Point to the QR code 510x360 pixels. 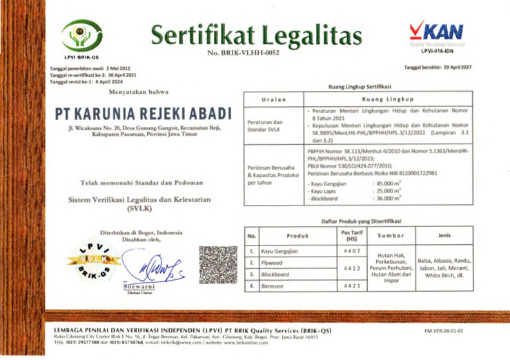[x=217, y=263]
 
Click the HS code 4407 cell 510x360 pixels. [x=349, y=251]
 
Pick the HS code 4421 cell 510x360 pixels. [x=349, y=286]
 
